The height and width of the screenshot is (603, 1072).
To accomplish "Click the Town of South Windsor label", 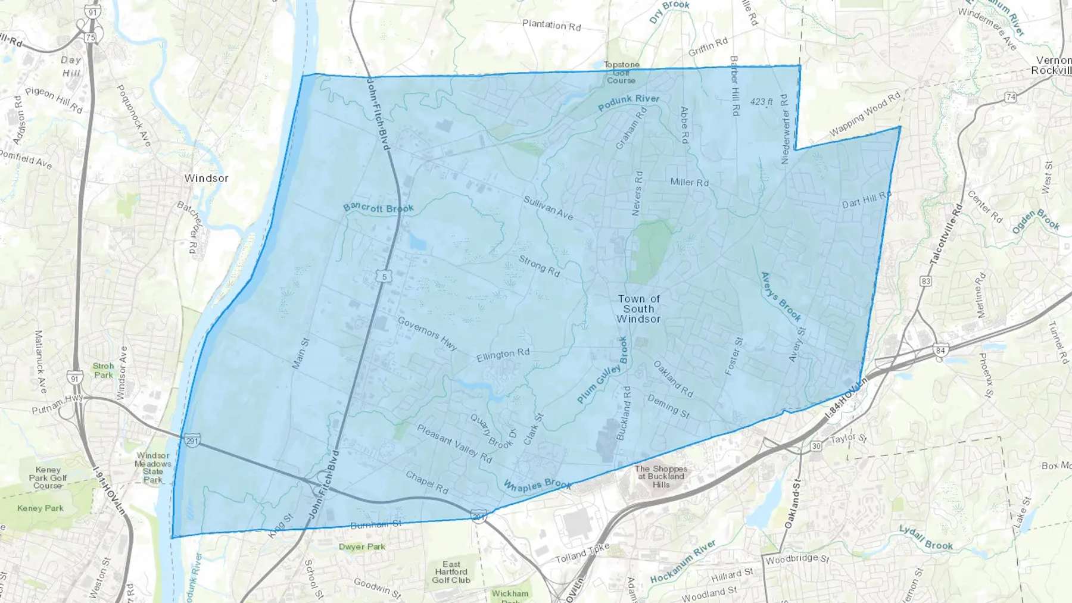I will [638, 309].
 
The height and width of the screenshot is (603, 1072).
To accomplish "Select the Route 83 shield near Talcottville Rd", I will [925, 281].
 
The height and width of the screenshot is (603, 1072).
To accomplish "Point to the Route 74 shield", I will [1010, 97].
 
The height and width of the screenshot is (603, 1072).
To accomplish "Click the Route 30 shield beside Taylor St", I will [816, 446].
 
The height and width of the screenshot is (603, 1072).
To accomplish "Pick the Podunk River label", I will [628, 102].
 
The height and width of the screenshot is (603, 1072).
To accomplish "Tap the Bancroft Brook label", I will [378, 208].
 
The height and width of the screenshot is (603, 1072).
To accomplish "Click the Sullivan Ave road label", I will [548, 208].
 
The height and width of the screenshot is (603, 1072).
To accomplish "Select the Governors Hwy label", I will [427, 333].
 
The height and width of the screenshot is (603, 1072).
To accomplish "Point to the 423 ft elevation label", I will [761, 102].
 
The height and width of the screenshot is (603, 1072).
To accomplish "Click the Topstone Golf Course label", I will [621, 72].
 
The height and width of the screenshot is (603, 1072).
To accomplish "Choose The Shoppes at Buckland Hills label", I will [660, 476].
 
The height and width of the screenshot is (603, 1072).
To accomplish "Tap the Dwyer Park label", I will [362, 546].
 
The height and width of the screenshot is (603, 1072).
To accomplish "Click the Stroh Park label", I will [103, 370].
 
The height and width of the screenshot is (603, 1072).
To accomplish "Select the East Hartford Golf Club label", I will [451, 572].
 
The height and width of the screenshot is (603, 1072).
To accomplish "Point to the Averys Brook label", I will [781, 296].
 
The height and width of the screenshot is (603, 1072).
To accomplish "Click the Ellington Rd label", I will [503, 355].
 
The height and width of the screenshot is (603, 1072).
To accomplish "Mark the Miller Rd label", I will [689, 182].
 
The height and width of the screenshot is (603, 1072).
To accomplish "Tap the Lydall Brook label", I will [925, 538].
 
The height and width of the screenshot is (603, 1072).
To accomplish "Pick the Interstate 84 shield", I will [940, 350].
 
